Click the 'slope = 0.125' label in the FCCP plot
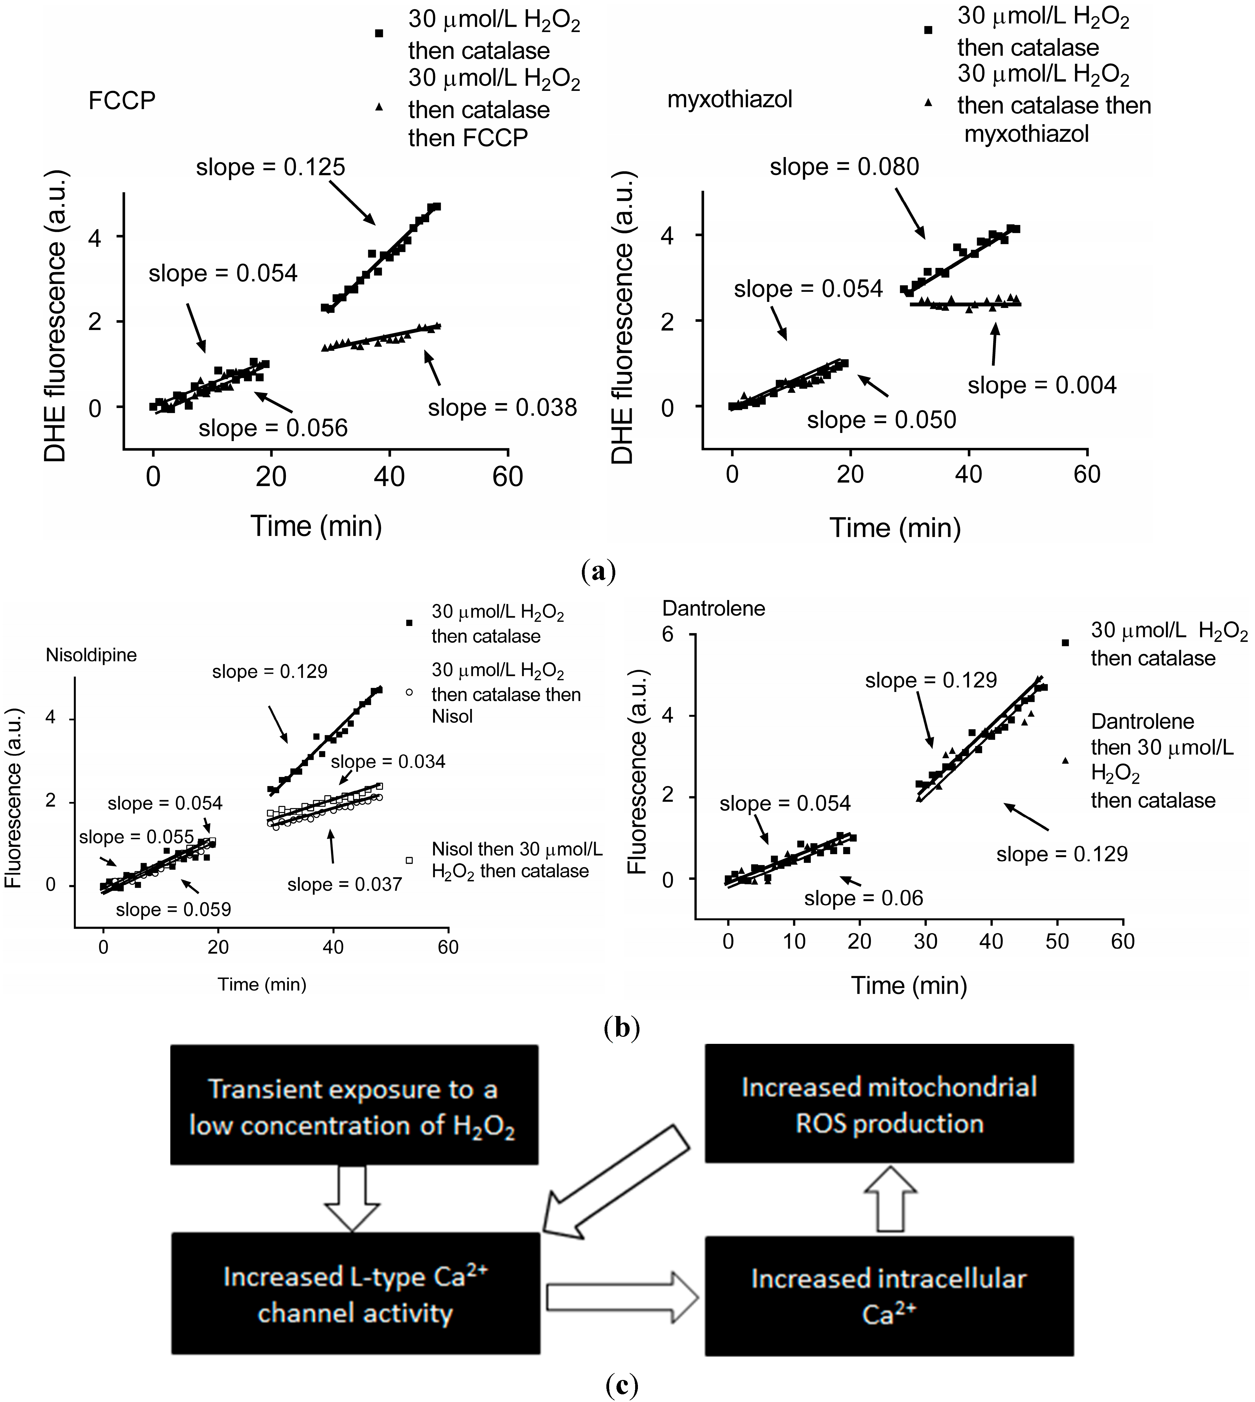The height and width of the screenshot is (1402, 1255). click(270, 167)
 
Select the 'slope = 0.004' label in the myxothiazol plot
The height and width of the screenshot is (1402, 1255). click(1042, 385)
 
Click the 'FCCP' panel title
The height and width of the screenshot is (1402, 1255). click(122, 101)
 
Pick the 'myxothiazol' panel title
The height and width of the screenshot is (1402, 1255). click(729, 99)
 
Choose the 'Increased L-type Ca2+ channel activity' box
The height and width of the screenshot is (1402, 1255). click(355, 1295)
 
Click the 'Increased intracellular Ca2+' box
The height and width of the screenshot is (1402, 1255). click(889, 1296)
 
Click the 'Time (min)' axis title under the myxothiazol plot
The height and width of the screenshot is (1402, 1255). click(895, 527)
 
